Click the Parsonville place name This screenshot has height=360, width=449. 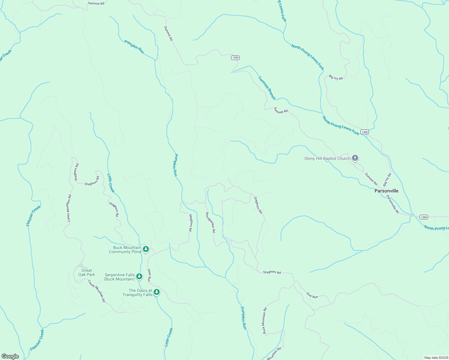tap(386, 191)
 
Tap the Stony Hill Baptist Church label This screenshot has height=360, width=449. tap(327, 158)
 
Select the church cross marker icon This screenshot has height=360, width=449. tap(355, 158)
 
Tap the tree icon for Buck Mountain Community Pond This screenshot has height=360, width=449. tap(146, 249)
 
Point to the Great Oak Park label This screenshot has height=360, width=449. tap(86, 272)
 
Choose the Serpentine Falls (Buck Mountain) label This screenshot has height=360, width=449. tap(119, 277)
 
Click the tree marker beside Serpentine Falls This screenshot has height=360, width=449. tap(139, 276)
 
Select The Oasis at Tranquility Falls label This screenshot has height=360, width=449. tap(137, 292)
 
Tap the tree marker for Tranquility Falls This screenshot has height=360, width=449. tap(156, 292)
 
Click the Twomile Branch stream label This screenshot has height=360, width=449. tap(267, 88)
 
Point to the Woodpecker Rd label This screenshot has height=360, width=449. tap(210, 222)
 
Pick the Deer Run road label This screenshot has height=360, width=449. tap(149, 275)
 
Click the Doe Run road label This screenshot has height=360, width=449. tap(312, 295)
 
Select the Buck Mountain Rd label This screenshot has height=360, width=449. tap(264, 321)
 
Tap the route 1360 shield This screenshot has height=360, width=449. tap(364, 132)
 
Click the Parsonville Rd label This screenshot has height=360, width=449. tap(393, 204)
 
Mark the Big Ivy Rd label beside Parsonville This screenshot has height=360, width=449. tap(387, 180)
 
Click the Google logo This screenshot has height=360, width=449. tap(10, 356)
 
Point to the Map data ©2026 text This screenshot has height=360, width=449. tap(435, 358)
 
